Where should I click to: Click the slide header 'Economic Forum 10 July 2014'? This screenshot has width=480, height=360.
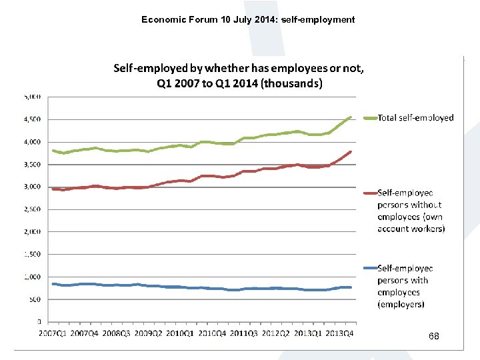coord(248,19)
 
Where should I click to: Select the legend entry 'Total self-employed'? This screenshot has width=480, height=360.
coord(415,118)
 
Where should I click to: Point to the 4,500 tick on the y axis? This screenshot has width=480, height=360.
coord(31,119)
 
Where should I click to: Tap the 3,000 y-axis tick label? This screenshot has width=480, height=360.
coord(31,187)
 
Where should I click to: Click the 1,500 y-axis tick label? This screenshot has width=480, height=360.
coord(31,254)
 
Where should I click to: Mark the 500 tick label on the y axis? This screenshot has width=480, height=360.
coord(34,299)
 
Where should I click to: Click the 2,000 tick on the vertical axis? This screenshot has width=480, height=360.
coord(31,232)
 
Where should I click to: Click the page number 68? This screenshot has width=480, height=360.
coord(434,337)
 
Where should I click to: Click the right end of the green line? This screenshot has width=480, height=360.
coord(351,117)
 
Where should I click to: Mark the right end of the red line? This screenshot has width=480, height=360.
coord(351,152)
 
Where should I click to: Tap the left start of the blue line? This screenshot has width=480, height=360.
coord(53,284)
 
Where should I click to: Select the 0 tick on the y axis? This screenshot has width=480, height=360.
coord(39,322)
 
